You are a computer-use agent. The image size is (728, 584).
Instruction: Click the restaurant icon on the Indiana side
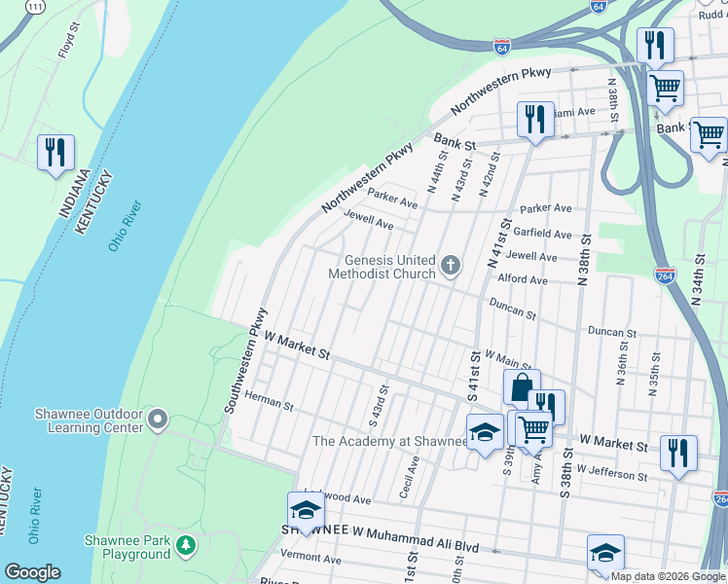pos(55,152)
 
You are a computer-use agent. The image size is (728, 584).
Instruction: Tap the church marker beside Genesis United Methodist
pos(450,265)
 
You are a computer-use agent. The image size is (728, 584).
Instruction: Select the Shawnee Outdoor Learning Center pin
pos(158,420)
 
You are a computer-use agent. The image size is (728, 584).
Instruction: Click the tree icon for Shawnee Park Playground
pos(186,546)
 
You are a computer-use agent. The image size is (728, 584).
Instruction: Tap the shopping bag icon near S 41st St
pos(521,387)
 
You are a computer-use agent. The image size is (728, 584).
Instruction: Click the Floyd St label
pos(67,44)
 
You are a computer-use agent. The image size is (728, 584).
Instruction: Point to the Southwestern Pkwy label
pos(244,361)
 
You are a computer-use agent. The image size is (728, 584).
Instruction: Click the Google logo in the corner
pos(32,571)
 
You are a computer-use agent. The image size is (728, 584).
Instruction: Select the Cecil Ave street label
pos(411,477)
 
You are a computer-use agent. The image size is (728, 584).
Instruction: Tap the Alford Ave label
pos(523,279)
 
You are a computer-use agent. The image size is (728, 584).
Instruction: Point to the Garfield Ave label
pos(546,234)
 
